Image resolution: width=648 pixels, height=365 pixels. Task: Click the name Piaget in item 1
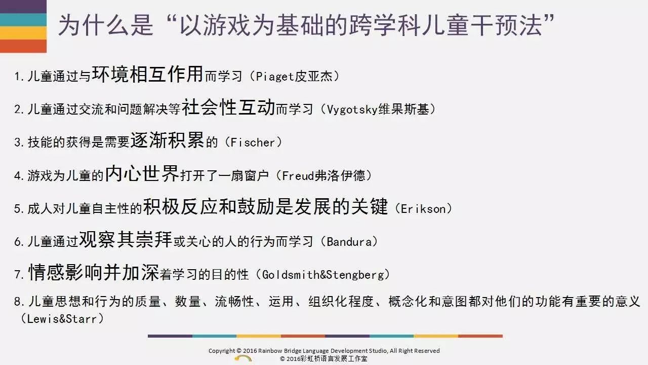coord(274,77)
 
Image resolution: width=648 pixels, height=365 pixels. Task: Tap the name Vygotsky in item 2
coord(352,109)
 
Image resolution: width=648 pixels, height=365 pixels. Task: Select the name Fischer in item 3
coord(253,142)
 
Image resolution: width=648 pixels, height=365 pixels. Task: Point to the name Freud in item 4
coord(298,175)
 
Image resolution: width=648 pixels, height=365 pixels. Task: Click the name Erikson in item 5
coord(423,208)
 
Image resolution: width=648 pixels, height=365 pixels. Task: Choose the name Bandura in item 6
coord(349,242)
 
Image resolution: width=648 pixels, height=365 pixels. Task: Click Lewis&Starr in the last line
coord(62,319)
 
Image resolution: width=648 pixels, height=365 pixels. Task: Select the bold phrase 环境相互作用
coord(147,74)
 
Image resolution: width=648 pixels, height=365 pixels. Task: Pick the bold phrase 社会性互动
coord(228,107)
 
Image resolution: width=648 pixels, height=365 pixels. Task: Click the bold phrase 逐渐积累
coord(167,140)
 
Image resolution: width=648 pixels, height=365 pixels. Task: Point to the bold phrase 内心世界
coord(142,173)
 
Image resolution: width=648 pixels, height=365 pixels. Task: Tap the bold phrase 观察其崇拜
coord(126,239)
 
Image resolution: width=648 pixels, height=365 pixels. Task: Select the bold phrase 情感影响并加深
coord(94,272)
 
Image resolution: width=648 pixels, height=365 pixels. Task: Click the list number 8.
coord(17,302)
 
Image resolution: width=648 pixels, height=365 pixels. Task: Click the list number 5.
coord(17,209)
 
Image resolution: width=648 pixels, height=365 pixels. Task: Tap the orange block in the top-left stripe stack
coord(23,46)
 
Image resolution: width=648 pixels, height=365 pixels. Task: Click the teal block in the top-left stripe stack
coord(23,20)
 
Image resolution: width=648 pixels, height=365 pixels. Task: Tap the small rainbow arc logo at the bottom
coord(244,358)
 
